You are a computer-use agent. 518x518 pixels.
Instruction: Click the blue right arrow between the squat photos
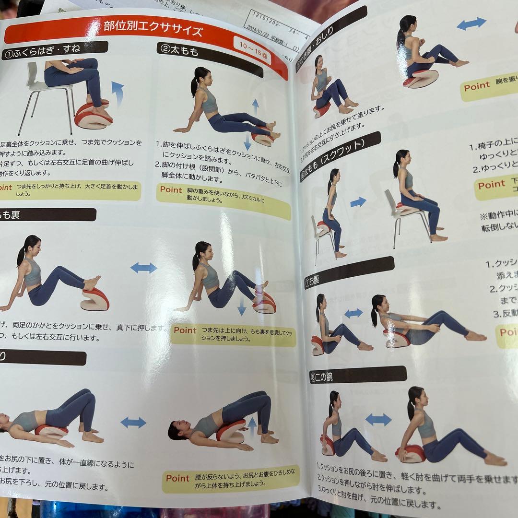358,202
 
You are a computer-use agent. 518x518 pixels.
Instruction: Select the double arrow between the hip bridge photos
133,422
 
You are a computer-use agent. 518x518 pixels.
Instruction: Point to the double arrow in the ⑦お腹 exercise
353,313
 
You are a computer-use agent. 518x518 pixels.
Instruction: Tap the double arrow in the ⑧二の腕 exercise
378,419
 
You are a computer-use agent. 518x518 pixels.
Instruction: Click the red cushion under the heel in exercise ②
263,138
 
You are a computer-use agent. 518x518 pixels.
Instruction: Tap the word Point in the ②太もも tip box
171,189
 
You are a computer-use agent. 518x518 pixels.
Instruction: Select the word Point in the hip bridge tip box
178,478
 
